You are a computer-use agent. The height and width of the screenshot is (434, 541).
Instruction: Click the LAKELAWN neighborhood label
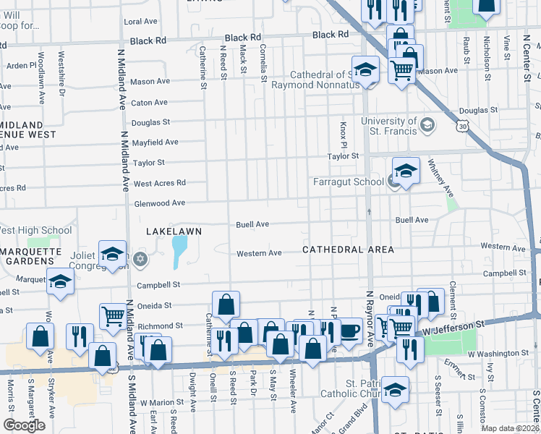pos(173,231)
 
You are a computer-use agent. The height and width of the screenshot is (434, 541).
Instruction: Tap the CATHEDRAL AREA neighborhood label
pos(348,250)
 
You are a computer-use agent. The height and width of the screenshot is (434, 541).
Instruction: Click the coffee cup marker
pos(350,331)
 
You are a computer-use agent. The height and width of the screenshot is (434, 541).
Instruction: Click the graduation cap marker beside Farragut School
pos(406,171)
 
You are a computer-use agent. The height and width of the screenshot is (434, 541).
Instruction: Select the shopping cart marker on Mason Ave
pos(401,70)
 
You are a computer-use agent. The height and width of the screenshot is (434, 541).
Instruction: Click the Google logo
pos(25,425)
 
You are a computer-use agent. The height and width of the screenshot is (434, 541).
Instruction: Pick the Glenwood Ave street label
pos(159,203)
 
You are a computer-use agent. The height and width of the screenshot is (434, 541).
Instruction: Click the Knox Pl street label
pos(344,132)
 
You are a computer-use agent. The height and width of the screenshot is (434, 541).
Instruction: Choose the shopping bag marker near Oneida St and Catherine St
pos(226,305)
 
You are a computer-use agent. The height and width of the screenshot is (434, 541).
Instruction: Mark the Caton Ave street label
pos(149,103)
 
